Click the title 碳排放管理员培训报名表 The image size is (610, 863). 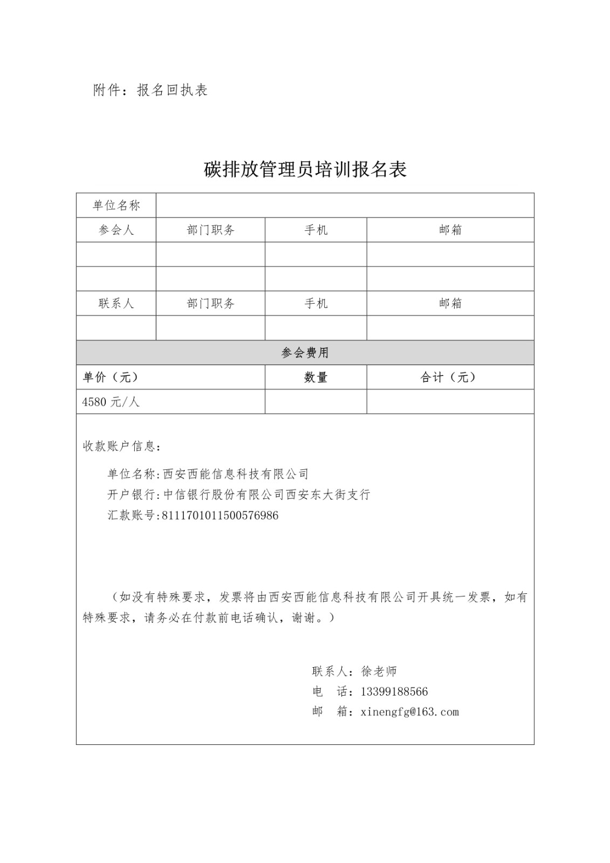tap(305, 169)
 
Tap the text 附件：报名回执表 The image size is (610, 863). tap(150, 90)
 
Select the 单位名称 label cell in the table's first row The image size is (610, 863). tap(116, 206)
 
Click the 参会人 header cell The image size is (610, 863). tap(116, 230)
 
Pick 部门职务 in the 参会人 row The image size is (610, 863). tap(210, 230)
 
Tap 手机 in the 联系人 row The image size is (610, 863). tap(316, 304)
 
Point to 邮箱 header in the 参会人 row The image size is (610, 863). tap(450, 230)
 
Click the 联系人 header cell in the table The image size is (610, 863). tap(116, 304)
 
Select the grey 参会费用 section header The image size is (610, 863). tap(305, 353)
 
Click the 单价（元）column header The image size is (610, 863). tap(111, 378)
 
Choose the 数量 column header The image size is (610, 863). tap(316, 378)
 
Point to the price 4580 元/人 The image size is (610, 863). tap(111, 402)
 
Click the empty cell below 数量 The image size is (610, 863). tap(316, 402)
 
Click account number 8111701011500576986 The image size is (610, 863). tap(220, 515)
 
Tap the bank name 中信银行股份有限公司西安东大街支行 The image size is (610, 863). tap(266, 495)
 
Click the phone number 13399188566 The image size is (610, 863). tap(394, 692)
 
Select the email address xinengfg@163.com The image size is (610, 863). tap(410, 712)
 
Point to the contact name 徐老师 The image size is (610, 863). tap(379, 672)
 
